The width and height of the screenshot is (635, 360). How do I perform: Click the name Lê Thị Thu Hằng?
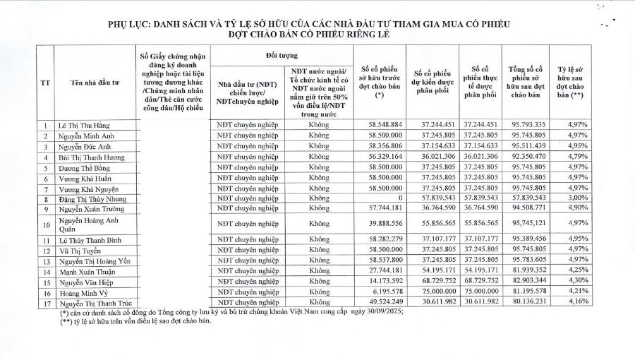click(85, 124)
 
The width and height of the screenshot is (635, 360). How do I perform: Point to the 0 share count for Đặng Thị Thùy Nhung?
click(399, 199)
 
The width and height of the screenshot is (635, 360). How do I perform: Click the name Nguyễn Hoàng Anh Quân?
click(88, 224)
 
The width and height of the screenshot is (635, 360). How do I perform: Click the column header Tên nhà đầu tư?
click(92, 83)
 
